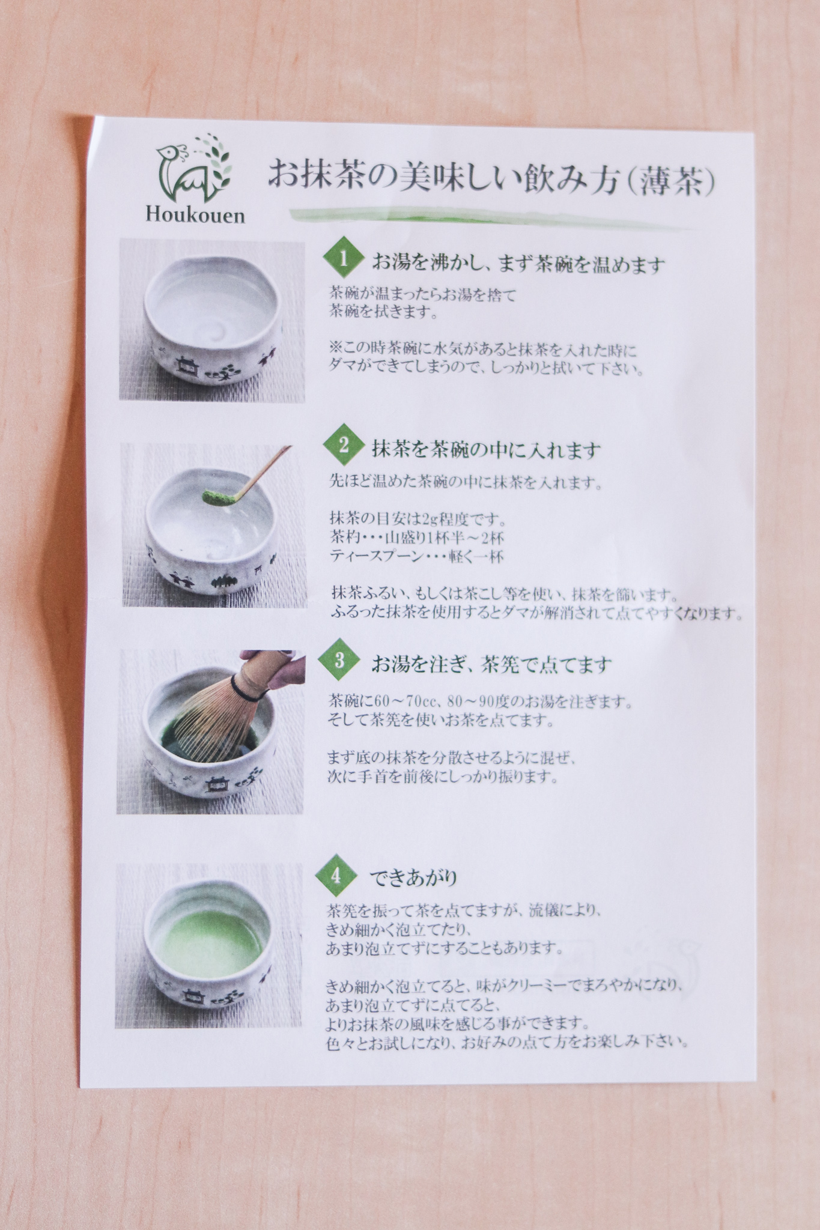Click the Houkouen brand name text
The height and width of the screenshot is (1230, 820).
point(195,215)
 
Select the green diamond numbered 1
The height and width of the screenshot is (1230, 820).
point(344,259)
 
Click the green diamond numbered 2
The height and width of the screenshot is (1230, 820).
point(344,445)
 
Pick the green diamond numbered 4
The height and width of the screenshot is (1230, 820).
point(335,875)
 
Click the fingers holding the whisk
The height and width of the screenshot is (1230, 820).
point(282,670)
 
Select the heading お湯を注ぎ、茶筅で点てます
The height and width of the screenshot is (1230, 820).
point(491,664)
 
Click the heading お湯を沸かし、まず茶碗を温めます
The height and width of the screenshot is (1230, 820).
point(519,264)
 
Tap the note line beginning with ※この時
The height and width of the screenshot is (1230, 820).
point(483,350)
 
